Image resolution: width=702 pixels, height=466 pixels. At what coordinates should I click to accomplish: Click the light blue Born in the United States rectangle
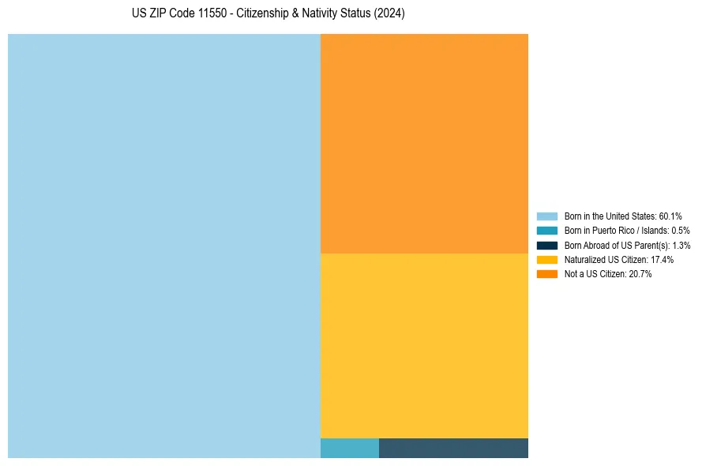pyautogui.click(x=164, y=246)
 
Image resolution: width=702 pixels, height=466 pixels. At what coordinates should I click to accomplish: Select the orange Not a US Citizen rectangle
pyautogui.click(x=424, y=143)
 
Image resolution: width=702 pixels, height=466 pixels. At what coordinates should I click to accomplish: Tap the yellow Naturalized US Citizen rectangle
pyautogui.click(x=424, y=345)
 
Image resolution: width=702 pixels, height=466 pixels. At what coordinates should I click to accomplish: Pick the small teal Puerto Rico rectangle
pyautogui.click(x=350, y=448)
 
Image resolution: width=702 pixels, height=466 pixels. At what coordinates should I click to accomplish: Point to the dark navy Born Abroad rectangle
pyautogui.click(x=453, y=448)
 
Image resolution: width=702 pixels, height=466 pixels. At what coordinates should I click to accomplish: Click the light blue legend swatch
pyautogui.click(x=547, y=216)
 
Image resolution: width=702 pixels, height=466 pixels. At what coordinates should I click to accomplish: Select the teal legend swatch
pyautogui.click(x=547, y=231)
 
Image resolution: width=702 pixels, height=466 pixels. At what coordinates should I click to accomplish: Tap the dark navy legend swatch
pyautogui.click(x=547, y=245)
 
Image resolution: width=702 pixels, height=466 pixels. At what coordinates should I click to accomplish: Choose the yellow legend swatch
pyautogui.click(x=547, y=259)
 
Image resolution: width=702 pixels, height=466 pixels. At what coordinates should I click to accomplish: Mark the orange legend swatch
pyautogui.click(x=547, y=274)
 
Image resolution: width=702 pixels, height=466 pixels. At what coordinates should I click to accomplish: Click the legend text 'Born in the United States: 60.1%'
pyautogui.click(x=623, y=216)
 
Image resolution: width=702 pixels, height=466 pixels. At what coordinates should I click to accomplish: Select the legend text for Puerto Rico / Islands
pyautogui.click(x=627, y=231)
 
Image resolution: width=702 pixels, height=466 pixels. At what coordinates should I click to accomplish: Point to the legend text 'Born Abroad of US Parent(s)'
pyautogui.click(x=627, y=245)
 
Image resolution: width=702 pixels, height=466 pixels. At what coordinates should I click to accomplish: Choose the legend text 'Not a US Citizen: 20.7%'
pyautogui.click(x=608, y=274)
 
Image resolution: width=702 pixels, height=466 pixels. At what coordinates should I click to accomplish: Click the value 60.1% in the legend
pyautogui.click(x=670, y=216)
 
